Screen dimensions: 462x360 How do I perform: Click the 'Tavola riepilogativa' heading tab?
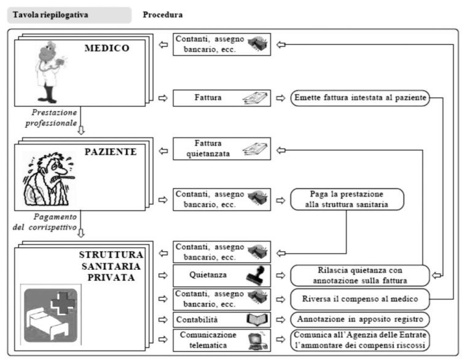(69, 15)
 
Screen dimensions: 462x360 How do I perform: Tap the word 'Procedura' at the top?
(163, 15)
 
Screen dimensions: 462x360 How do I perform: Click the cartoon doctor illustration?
(50, 72)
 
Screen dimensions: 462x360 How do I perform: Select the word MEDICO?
(107, 48)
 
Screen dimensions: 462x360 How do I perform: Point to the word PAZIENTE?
(111, 152)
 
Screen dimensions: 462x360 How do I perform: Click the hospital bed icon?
(50, 315)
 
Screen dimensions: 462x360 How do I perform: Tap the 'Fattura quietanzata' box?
(222, 149)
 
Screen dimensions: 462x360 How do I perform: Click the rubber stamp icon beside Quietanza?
(256, 275)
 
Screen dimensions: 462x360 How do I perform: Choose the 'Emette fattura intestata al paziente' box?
(360, 98)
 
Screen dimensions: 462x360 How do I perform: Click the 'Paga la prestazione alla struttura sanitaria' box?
(347, 200)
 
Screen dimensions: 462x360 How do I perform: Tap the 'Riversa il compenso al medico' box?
(360, 299)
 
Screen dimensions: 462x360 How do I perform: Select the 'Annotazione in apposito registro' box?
(360, 319)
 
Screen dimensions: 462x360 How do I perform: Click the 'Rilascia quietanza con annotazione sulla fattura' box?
(360, 275)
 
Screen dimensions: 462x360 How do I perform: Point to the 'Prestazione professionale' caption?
(51, 118)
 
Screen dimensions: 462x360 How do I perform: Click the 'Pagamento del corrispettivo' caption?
(45, 222)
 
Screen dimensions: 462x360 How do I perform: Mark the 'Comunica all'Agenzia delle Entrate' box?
(360, 340)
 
